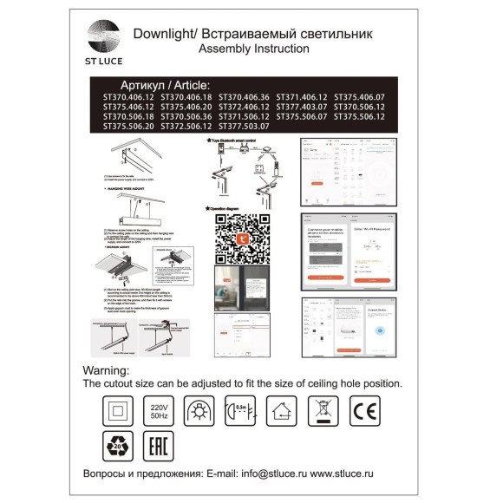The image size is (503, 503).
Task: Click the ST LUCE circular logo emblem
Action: click(x=104, y=37)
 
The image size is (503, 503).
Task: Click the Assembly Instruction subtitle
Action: click(x=253, y=49)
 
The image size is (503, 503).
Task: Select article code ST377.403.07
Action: click(x=301, y=107)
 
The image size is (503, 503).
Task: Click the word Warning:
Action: click(x=106, y=370)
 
